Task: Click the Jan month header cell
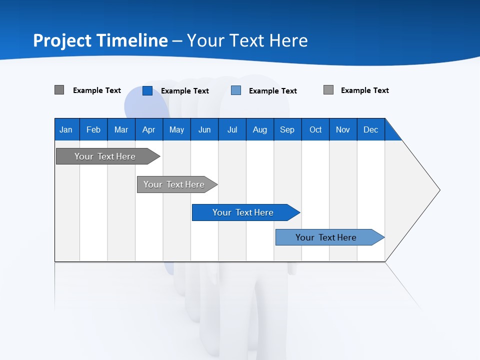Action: (x=66, y=129)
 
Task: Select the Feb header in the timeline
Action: (x=93, y=129)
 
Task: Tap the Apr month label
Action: (x=148, y=129)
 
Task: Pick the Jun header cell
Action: (x=204, y=129)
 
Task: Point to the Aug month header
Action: (x=259, y=129)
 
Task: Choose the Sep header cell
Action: (x=287, y=129)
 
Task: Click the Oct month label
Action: (x=315, y=129)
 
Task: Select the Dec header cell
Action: (x=370, y=129)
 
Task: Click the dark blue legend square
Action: (x=147, y=90)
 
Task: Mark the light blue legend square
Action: (x=236, y=90)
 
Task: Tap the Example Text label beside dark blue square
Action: (x=184, y=91)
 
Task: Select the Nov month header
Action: (x=343, y=129)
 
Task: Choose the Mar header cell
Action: (x=121, y=129)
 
